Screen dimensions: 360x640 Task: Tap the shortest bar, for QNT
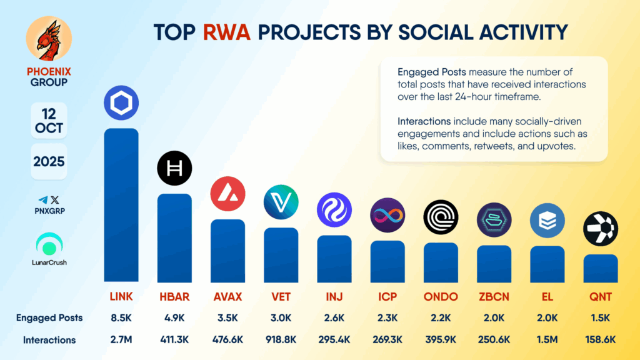tap(601, 268)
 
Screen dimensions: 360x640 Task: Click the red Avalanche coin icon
tap(227, 194)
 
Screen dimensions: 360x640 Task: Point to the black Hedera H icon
tap(174, 168)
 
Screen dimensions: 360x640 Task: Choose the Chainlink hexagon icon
tap(121, 103)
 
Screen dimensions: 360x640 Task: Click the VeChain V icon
tap(281, 202)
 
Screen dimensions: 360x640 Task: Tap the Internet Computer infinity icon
tap(387, 216)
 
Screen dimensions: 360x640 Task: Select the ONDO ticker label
tap(441, 296)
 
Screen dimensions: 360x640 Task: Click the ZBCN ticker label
tap(494, 296)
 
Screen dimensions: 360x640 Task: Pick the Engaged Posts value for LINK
tap(121, 317)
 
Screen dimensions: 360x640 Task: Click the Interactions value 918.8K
tap(281, 340)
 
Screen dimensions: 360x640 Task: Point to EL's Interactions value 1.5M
tap(547, 340)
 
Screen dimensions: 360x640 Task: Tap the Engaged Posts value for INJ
tap(334, 317)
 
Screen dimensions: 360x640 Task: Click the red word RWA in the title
tap(226, 32)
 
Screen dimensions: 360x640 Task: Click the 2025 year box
tap(49, 162)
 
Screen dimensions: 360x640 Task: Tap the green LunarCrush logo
tap(49, 243)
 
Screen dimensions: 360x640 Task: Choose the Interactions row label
tap(49, 340)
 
